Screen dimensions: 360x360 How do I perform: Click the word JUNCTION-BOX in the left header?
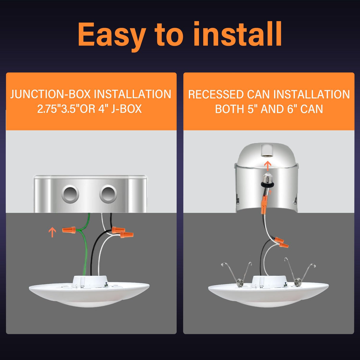[x=50, y=94]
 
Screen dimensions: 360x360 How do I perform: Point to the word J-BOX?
[x=126, y=109]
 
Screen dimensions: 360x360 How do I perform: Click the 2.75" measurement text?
[x=48, y=109]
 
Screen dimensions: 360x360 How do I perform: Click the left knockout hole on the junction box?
[x=70, y=194]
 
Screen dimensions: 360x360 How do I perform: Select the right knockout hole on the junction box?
[x=108, y=194]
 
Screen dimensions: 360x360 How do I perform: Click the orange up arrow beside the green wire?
[x=52, y=232]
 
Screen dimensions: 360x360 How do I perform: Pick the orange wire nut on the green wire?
[x=69, y=230]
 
